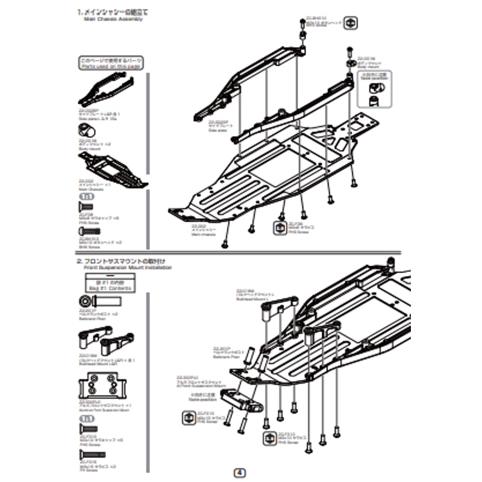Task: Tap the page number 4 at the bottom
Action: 241,472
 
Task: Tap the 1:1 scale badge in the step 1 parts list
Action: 87,196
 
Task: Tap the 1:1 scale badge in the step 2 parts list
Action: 87,418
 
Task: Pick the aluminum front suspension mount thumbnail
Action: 102,384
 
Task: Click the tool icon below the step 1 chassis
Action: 281,228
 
